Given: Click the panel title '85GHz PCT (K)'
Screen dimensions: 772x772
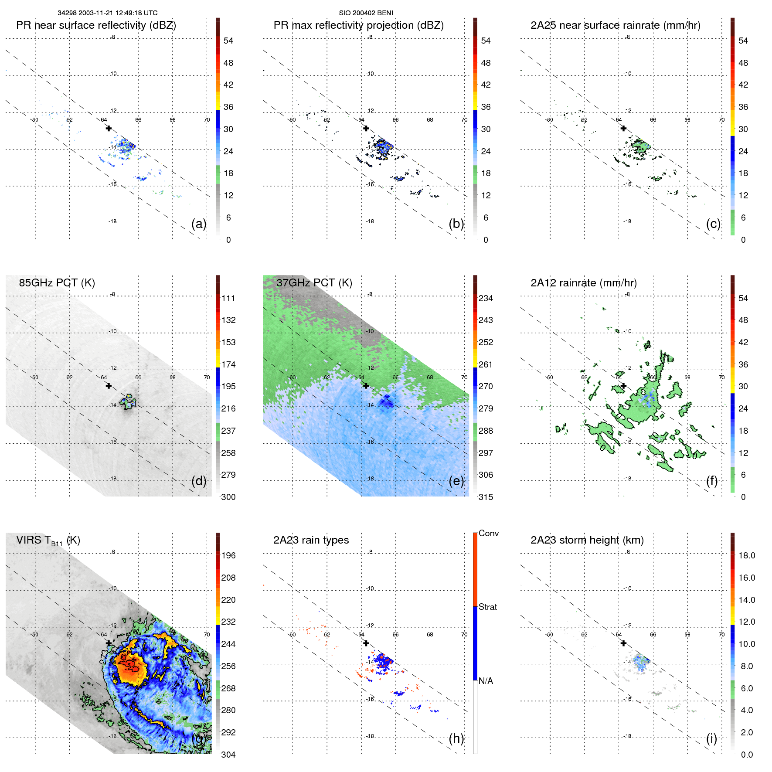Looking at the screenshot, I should (x=57, y=283).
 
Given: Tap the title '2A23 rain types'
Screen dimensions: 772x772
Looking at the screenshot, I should (x=311, y=540).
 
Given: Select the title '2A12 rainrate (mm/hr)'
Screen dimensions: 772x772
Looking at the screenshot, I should (x=584, y=283).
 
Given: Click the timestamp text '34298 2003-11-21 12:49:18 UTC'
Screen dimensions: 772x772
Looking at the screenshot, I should (x=108, y=13).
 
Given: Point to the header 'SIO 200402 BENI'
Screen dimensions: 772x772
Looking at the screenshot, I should (x=366, y=13).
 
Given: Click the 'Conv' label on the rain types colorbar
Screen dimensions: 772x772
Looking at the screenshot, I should (x=488, y=533).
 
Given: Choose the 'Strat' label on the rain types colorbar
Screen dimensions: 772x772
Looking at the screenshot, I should (x=487, y=607).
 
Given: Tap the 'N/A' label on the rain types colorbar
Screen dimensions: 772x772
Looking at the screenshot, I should (x=486, y=681).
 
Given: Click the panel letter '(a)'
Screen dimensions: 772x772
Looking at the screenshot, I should (x=199, y=224).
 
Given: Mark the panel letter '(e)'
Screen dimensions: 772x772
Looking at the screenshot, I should (x=456, y=481).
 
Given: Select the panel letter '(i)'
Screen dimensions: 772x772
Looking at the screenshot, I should (x=711, y=738).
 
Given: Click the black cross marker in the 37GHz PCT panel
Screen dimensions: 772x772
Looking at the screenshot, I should (x=366, y=386).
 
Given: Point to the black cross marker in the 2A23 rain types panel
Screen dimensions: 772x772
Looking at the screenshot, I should (x=366, y=643).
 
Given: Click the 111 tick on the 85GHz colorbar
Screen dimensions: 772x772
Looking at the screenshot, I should (x=228, y=298).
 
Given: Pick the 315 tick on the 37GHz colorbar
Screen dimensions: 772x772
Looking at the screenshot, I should (x=486, y=497).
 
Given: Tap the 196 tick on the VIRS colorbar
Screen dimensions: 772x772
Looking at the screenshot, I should (x=228, y=555).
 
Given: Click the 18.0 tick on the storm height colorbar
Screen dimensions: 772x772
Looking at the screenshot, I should (x=747, y=555).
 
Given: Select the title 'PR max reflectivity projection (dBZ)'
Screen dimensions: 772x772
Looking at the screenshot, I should (x=358, y=25).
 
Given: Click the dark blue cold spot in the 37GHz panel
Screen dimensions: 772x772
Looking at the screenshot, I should (x=386, y=402).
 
